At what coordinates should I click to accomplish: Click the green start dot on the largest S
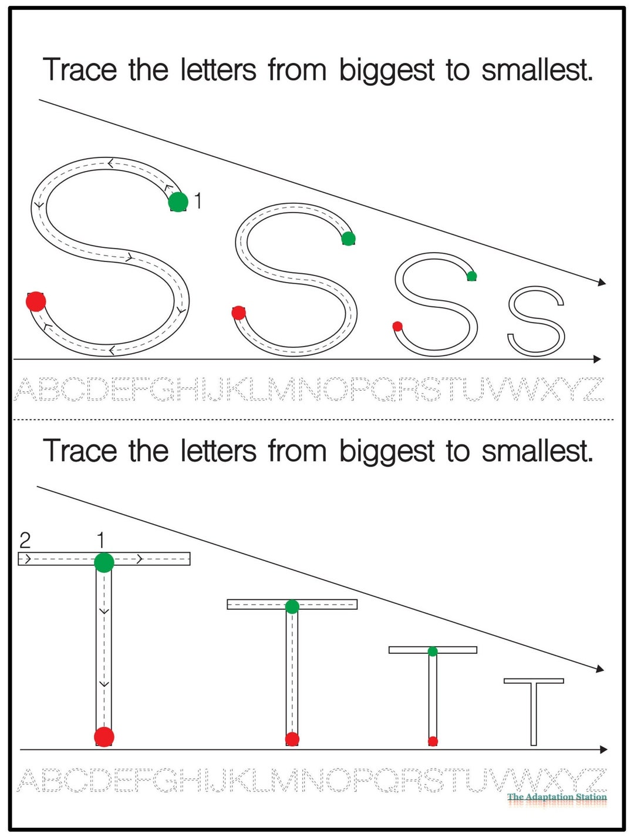[x=178, y=202]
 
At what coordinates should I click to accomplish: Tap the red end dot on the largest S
[x=36, y=301]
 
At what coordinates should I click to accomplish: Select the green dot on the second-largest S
[x=348, y=239]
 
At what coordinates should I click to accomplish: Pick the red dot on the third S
[x=397, y=327]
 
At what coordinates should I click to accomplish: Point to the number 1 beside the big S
[x=198, y=201]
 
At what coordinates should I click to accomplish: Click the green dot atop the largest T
[x=104, y=562]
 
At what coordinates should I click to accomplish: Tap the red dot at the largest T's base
[x=104, y=737]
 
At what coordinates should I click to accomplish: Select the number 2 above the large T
[x=25, y=539]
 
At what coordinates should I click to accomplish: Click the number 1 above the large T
[x=100, y=539]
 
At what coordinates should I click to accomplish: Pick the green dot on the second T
[x=292, y=607]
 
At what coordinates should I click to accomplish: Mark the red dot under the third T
[x=433, y=741]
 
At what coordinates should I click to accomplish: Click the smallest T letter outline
[x=534, y=711]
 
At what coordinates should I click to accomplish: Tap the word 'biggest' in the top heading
[x=387, y=71]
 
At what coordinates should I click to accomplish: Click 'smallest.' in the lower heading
[x=537, y=452]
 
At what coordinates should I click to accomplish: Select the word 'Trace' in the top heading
[x=80, y=70]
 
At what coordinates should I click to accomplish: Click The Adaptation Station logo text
[x=557, y=797]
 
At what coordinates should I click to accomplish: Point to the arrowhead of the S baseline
[x=597, y=359]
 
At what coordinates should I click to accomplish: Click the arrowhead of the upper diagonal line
[x=601, y=283]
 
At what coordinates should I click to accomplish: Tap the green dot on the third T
[x=433, y=651]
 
